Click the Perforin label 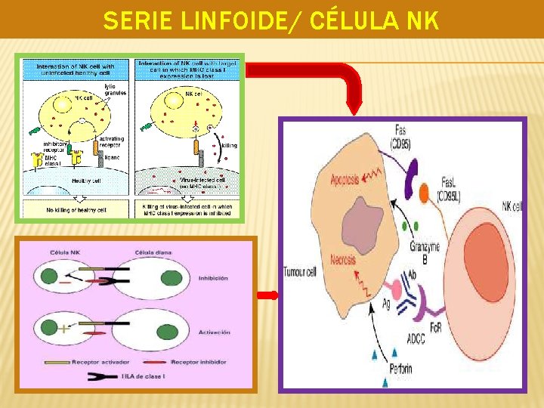(x=402, y=369)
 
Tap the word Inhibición (x=214, y=279)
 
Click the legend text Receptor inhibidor (x=198, y=362)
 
